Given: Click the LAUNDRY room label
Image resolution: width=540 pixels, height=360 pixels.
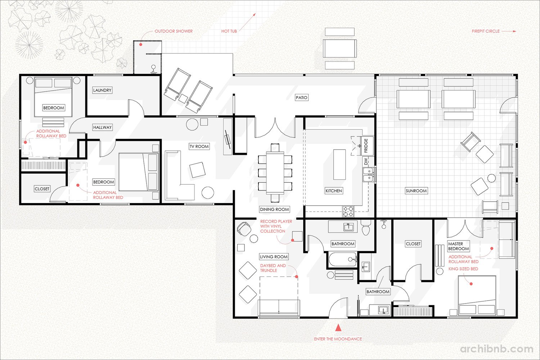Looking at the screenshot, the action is point(102,90).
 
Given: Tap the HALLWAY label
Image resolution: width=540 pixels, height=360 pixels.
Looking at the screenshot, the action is point(103,127).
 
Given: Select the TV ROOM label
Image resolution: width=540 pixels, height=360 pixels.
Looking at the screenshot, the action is point(199,147).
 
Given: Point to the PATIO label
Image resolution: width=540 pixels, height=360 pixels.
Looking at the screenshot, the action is point(302,98).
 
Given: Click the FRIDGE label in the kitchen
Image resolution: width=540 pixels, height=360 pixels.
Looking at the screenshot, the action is point(366,146).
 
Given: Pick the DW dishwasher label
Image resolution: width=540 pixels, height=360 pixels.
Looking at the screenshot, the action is point(366,161).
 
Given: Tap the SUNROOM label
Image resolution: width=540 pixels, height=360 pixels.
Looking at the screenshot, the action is point(416,191).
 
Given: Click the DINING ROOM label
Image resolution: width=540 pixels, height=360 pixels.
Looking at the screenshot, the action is point(274,209).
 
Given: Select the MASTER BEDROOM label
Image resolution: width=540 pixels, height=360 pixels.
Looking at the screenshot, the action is point(458,246).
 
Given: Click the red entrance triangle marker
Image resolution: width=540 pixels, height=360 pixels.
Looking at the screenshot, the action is point(338,328).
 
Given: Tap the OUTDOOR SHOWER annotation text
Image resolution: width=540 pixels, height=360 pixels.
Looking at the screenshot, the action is point(174,31).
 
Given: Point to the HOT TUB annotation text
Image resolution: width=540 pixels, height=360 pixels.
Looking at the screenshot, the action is point(229,31).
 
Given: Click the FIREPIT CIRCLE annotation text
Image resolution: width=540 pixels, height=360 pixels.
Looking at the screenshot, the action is point(486,31).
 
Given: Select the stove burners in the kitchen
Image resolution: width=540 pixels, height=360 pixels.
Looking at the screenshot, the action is point(348,211).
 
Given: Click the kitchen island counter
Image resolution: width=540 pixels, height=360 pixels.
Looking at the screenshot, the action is point(339,165).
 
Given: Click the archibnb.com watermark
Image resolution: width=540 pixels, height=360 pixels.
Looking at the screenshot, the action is point(496,349).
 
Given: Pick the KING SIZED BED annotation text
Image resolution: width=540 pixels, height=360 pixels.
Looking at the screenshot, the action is point(463,269).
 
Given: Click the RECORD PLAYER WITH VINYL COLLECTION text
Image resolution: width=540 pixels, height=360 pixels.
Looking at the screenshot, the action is point(276,226).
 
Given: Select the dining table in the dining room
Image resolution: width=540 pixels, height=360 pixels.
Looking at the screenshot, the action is point(275,173).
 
